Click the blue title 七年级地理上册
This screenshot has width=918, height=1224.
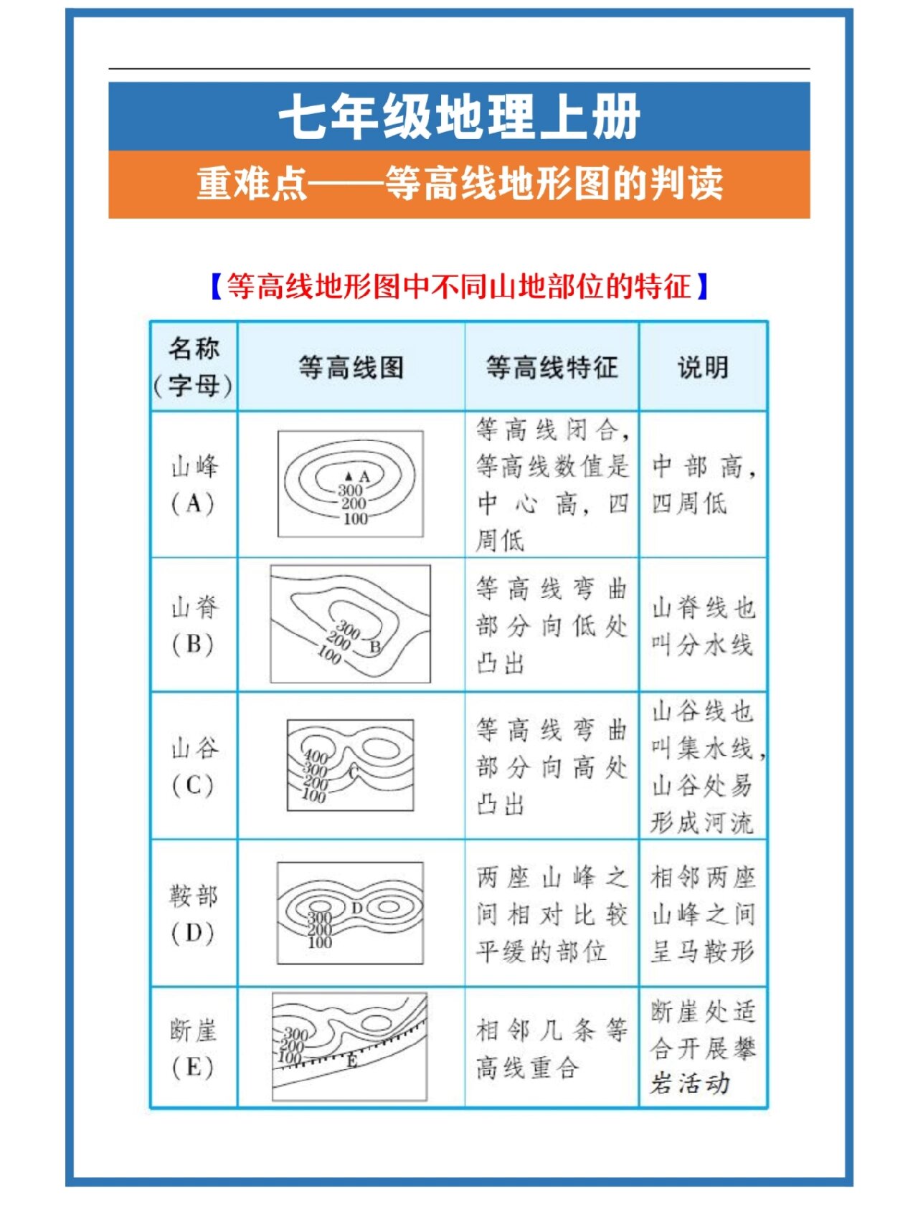(x=459, y=117)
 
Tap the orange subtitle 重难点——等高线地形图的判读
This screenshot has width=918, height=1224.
(x=459, y=184)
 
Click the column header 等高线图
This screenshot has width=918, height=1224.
(x=351, y=367)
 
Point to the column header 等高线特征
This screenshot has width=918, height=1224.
(x=552, y=367)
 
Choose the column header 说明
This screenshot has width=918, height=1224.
(x=703, y=367)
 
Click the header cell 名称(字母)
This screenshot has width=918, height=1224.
(x=194, y=367)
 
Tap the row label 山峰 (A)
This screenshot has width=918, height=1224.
(x=194, y=485)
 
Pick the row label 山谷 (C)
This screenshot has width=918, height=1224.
(x=194, y=767)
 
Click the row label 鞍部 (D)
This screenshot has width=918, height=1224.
(x=194, y=914)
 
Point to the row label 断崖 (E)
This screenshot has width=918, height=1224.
(x=194, y=1048)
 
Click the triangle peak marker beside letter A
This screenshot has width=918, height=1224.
(x=349, y=476)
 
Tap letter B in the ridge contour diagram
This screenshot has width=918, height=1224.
(x=374, y=647)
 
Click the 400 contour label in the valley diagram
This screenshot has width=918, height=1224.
(x=316, y=756)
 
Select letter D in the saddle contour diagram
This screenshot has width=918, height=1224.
(x=357, y=908)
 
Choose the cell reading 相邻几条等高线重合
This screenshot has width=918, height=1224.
(x=552, y=1049)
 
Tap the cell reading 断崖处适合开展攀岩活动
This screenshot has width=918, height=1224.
(x=703, y=1048)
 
